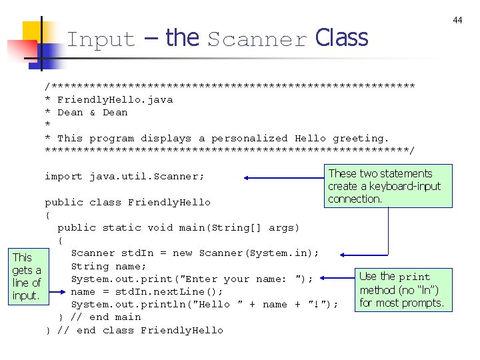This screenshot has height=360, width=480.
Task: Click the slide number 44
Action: [x=457, y=21]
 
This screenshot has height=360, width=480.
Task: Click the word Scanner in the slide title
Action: [x=257, y=39]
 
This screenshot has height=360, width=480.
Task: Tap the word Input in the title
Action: [x=101, y=39]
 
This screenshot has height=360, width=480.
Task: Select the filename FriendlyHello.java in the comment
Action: [x=115, y=99]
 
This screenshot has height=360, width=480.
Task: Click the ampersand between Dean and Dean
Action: [x=93, y=112]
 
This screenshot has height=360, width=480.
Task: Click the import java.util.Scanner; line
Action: [x=124, y=177]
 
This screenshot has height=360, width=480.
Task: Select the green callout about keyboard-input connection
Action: [x=388, y=186]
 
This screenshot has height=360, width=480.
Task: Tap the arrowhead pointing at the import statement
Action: [x=247, y=178]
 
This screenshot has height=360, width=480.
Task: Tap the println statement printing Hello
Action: [x=204, y=304]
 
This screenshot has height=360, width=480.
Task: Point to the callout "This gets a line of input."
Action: [x=26, y=276]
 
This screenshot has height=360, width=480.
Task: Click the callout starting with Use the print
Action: [x=402, y=290]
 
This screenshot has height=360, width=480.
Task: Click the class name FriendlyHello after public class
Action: [x=169, y=202]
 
